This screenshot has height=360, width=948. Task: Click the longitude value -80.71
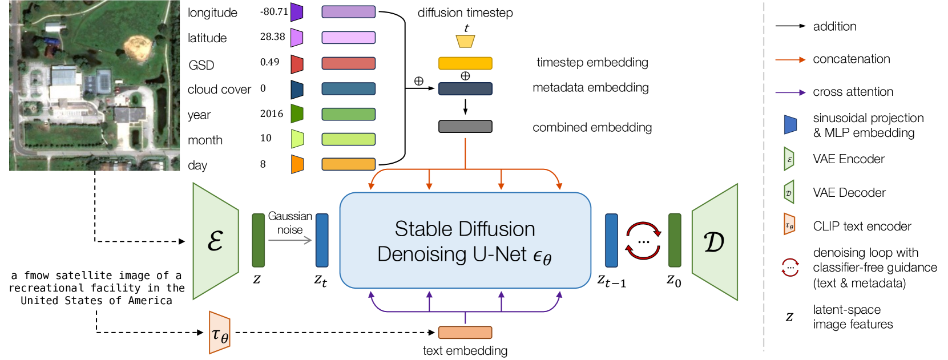pos(274,11)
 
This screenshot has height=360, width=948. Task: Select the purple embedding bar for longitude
pos(348,12)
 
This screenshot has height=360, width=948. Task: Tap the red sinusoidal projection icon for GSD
pos(297,64)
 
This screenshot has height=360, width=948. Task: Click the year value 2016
pos(272,114)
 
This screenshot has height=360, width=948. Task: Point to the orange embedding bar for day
pos(348,164)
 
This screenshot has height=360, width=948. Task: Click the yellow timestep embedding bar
pos(465,63)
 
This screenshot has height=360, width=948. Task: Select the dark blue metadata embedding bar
pos(465,89)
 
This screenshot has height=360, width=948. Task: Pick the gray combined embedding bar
pos(465,127)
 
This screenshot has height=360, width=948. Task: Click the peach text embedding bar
pos(465,333)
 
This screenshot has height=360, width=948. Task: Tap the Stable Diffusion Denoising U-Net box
pos(465,240)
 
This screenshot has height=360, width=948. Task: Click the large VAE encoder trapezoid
pos(216,241)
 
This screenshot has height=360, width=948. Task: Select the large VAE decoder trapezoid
pos(715,242)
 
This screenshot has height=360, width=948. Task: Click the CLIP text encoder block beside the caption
pos(220,333)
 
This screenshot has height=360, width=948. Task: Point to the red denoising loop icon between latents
pos(643,241)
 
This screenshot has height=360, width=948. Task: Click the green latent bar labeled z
pos(258,240)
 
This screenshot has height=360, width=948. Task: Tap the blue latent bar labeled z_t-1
pos(611,240)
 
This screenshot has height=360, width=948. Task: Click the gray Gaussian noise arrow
pos(290,240)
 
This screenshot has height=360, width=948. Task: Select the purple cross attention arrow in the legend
pos(790,92)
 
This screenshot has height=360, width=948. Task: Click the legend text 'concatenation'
pos(851,59)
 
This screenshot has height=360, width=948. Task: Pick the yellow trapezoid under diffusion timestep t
pos(465,42)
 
